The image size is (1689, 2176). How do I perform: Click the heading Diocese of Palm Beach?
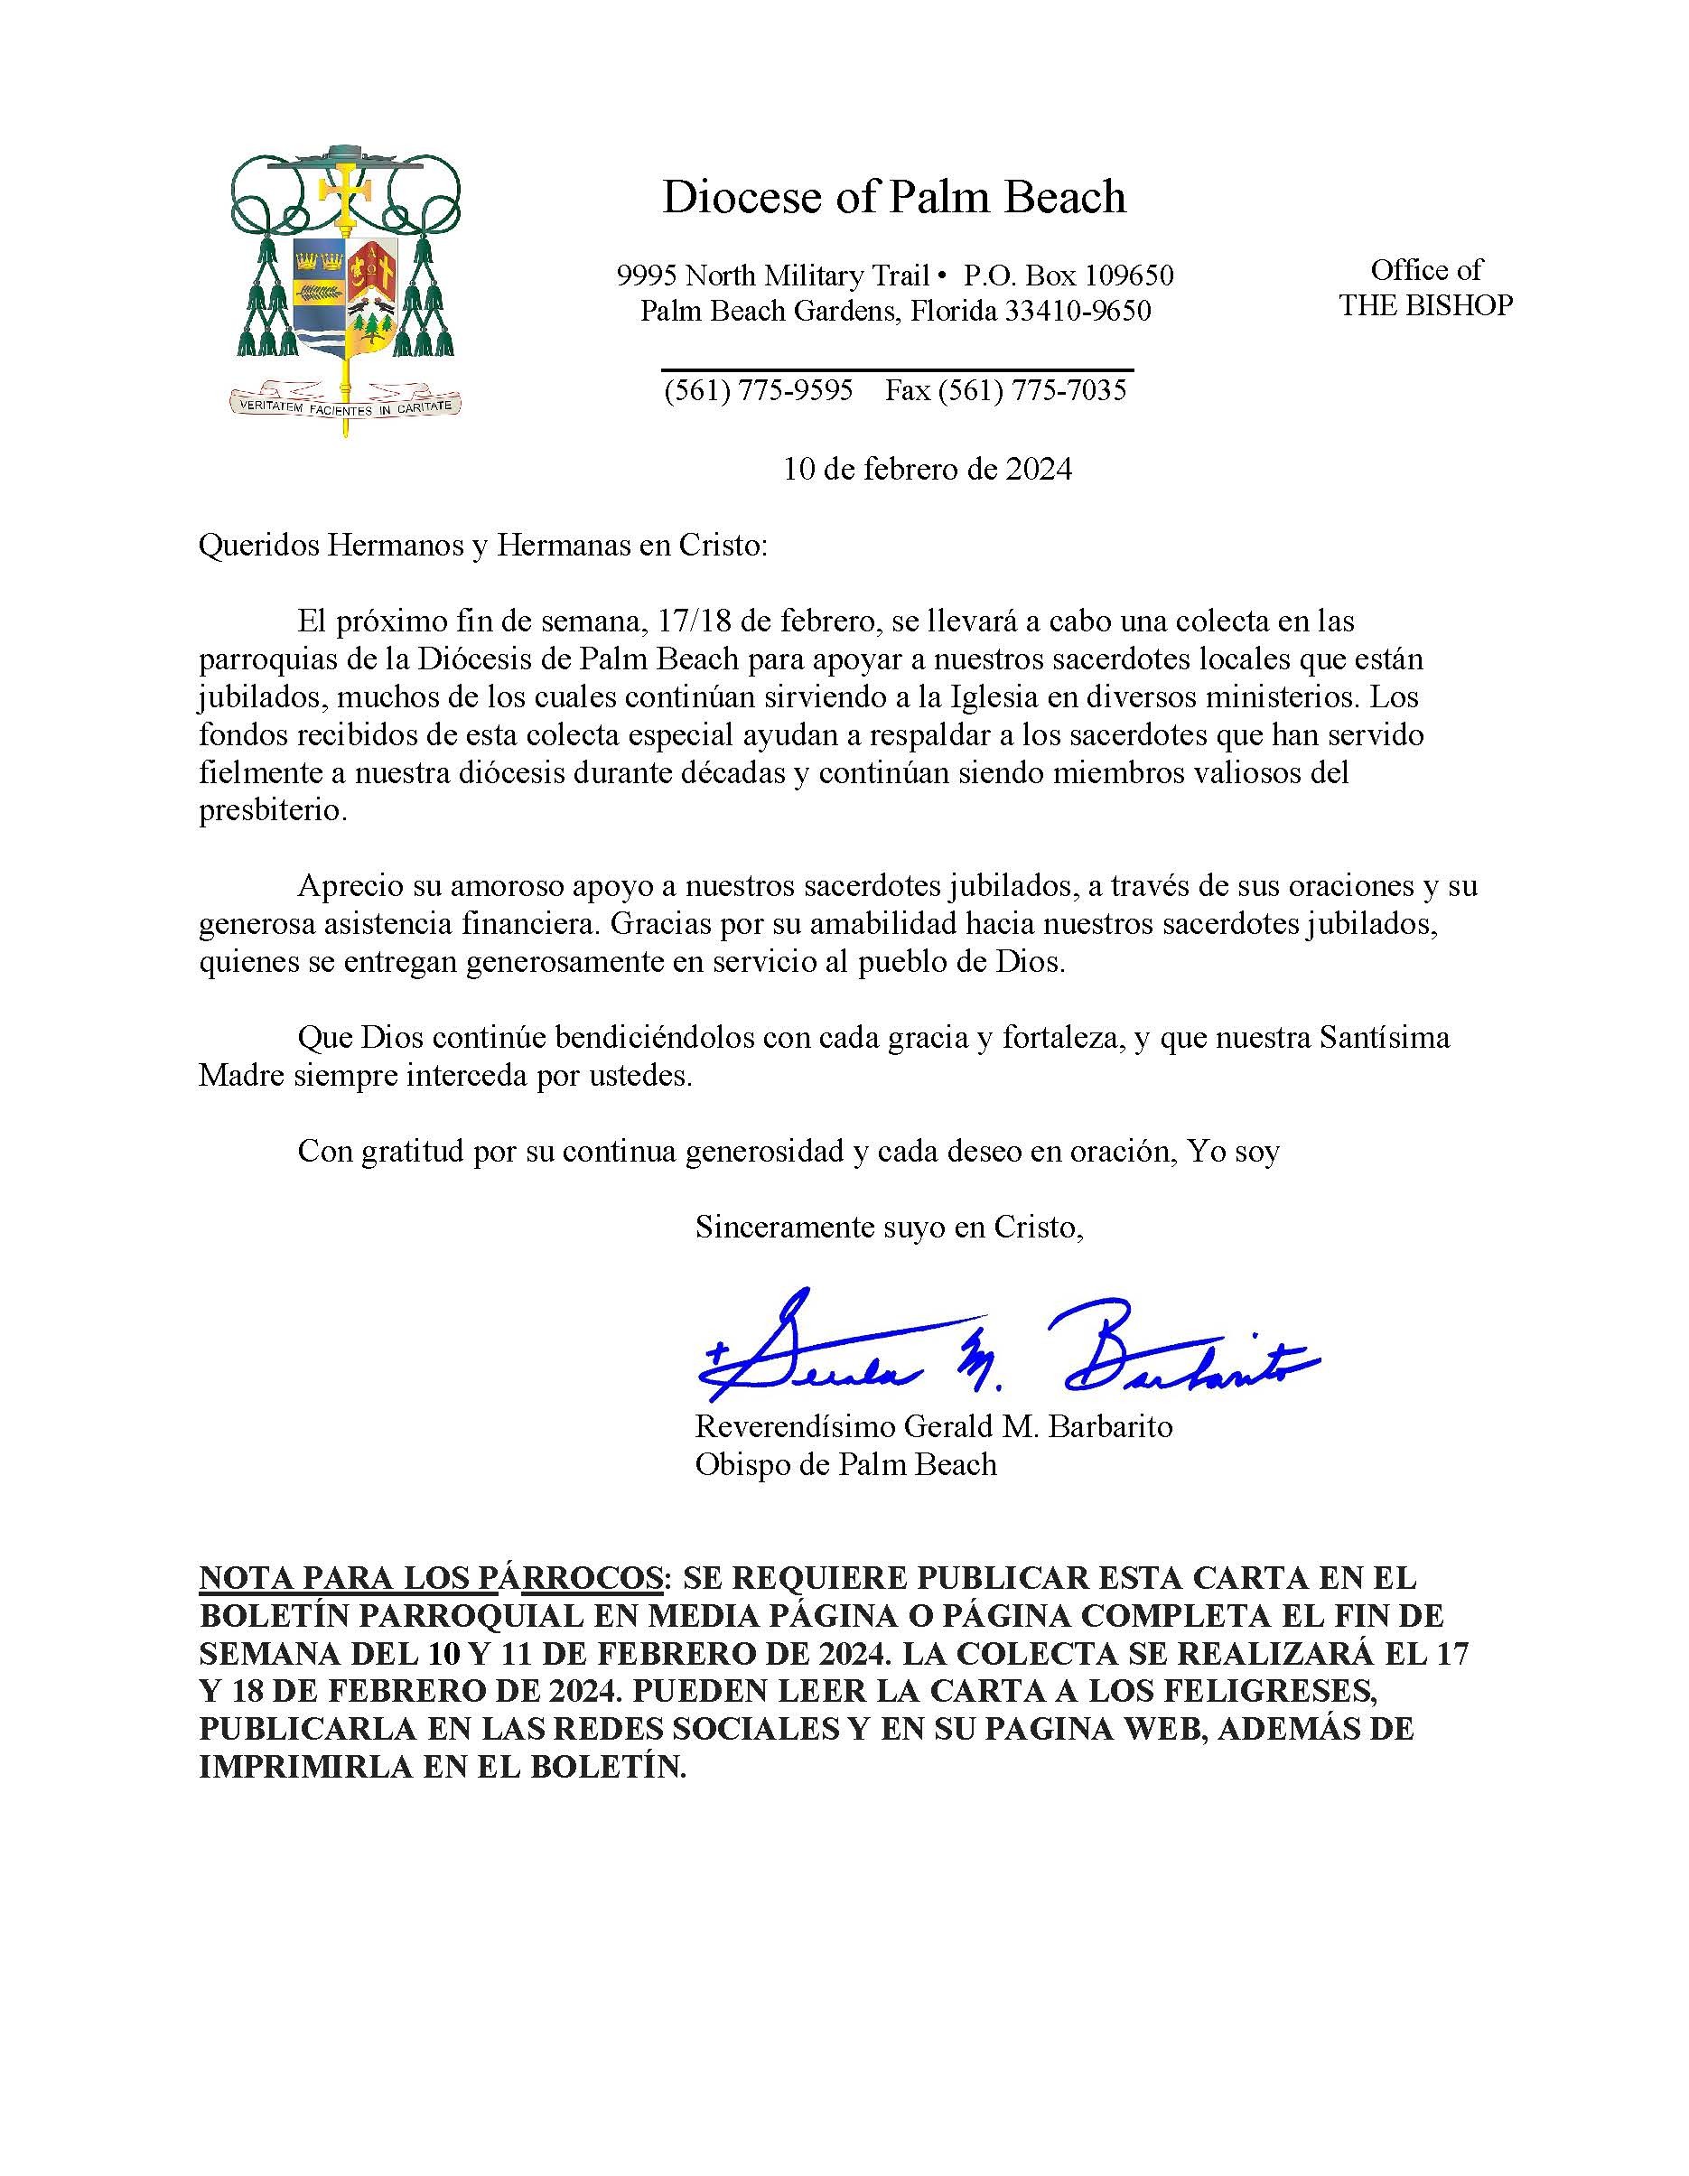(894, 196)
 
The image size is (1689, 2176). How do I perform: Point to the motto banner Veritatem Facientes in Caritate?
(345, 405)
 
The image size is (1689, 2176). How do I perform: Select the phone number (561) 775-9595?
(759, 389)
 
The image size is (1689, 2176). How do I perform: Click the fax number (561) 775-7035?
(1006, 389)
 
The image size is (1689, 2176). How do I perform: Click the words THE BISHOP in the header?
(1425, 305)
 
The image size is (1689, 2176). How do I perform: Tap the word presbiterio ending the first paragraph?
(271, 810)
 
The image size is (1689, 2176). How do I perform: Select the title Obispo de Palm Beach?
(846, 1463)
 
